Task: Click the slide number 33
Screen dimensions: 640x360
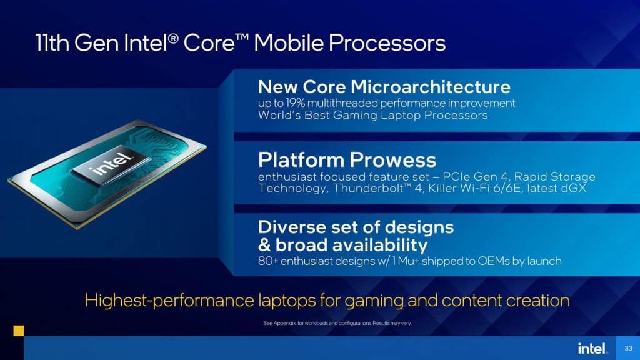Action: (628, 348)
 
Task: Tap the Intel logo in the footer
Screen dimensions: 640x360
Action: (592, 348)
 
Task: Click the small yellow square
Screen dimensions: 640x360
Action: (19, 331)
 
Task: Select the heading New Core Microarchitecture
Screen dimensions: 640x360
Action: (384, 86)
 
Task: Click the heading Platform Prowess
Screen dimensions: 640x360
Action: (347, 159)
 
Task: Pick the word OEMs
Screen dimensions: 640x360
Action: (493, 261)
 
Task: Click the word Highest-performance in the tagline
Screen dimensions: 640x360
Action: (169, 301)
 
